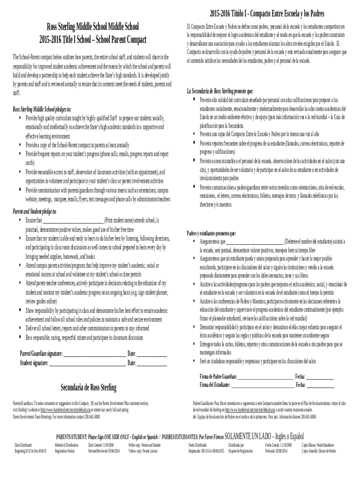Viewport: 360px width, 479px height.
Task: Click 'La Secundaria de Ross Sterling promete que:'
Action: pos(220,91)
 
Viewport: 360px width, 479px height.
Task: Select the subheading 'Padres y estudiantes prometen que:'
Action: pos(211,233)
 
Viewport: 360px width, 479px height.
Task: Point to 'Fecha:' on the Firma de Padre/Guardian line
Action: pos(300,377)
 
